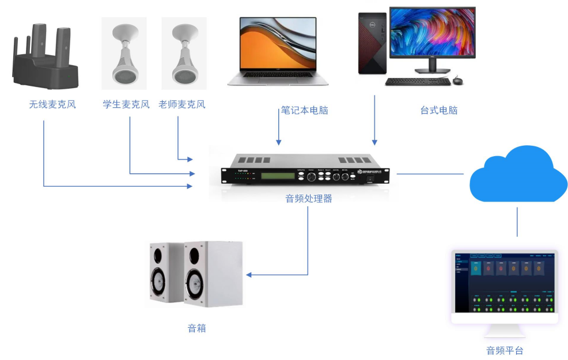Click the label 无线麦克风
click(x=52, y=105)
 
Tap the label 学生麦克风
click(x=126, y=105)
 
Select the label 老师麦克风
click(x=181, y=105)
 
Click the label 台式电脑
click(x=439, y=111)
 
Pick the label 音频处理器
click(x=309, y=199)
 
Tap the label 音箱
click(x=196, y=328)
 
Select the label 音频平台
click(x=505, y=350)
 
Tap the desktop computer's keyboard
click(x=417, y=81)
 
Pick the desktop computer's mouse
click(x=457, y=81)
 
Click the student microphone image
click(x=123, y=55)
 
